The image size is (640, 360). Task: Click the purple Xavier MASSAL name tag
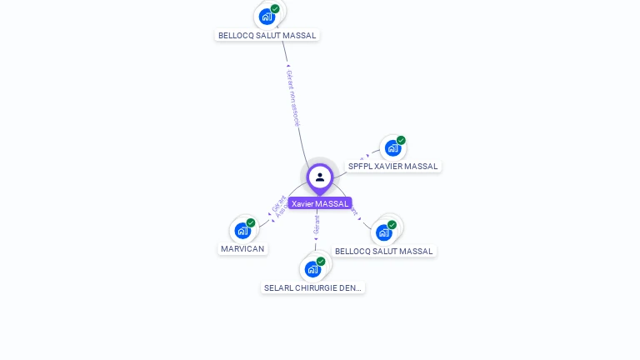[320, 203]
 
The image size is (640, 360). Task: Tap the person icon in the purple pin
[320, 177]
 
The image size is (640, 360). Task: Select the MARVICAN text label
[242, 248]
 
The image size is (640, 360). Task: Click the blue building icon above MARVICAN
[242, 230]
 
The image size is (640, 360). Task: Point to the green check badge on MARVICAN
[250, 222]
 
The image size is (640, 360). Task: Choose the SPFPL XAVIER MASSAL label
[392, 166]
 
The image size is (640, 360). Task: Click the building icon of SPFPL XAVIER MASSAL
[392, 148]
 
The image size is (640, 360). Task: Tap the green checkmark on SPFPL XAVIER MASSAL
[401, 140]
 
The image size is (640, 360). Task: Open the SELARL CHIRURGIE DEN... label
[312, 287]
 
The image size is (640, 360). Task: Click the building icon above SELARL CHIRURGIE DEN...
[312, 269]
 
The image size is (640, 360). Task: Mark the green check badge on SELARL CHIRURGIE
[321, 261]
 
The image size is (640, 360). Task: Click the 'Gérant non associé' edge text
[292, 97]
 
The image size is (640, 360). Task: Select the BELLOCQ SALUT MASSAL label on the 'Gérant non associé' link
[267, 35]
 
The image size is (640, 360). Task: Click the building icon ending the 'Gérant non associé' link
[267, 16]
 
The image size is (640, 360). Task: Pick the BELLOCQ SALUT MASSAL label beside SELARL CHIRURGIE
[384, 251]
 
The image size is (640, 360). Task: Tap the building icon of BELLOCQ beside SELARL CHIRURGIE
[383, 232]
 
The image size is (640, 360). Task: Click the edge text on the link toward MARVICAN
[279, 206]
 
